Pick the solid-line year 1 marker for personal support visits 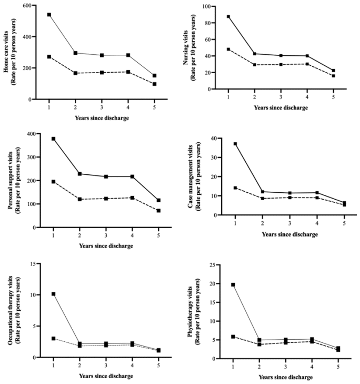click(x=53, y=139)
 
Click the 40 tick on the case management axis click(x=211, y=139)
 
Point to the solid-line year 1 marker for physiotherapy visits click(x=233, y=284)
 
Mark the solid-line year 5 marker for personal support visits click(x=158, y=200)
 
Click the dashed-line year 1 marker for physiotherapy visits click(x=233, y=337)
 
